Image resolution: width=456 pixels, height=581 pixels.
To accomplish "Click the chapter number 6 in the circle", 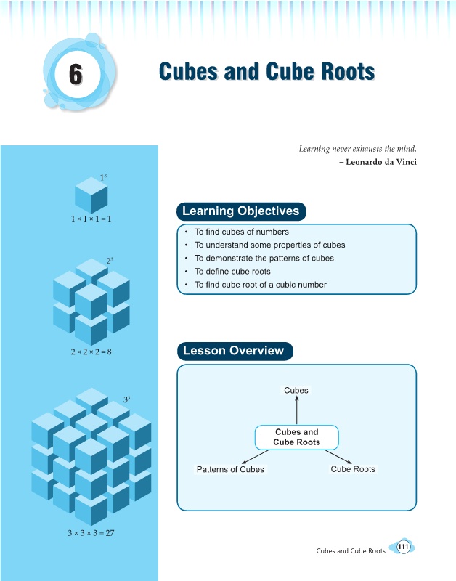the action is (76, 74).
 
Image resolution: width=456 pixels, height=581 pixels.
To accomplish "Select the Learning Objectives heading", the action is (241, 211).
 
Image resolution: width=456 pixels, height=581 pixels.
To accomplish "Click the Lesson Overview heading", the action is (235, 351).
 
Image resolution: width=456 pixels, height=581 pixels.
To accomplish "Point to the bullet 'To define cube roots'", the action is (232, 272).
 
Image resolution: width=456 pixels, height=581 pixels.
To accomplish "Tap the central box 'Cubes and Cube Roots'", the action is (297, 437).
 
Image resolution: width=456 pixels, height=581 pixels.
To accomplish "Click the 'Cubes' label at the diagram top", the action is (296, 390).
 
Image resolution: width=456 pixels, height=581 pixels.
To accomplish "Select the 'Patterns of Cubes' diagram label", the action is (230, 469).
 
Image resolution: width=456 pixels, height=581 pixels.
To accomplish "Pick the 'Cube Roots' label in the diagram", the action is (353, 469).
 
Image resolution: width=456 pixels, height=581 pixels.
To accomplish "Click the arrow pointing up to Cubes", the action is (297, 410).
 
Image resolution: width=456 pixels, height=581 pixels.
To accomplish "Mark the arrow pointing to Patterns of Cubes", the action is (255, 457).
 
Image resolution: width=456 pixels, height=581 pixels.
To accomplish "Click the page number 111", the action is (403, 547).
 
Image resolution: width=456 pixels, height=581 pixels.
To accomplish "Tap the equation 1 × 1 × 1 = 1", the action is (91, 219).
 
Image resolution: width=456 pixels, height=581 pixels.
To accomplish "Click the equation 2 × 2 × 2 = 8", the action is (91, 352).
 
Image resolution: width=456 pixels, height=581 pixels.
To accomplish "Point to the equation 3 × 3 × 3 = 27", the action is (91, 533).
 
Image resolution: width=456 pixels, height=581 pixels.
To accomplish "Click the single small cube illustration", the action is (91, 195).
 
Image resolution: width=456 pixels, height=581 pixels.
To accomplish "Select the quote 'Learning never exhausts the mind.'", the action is (358, 149).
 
